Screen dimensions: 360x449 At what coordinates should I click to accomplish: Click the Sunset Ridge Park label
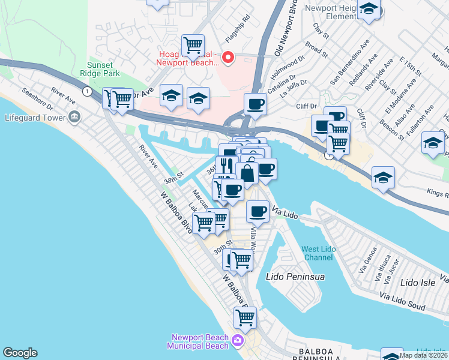(104, 69)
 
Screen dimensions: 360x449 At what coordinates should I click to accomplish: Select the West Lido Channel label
(318, 253)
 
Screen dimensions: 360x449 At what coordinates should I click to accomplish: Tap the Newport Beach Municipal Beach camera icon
(238, 341)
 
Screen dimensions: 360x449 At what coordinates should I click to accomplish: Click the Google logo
(20, 353)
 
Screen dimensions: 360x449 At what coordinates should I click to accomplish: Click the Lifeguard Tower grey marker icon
(74, 116)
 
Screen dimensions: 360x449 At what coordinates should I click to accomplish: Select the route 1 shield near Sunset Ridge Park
(88, 91)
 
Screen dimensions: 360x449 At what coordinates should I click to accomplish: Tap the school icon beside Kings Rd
(383, 178)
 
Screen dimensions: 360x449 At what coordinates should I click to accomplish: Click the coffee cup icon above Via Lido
(258, 211)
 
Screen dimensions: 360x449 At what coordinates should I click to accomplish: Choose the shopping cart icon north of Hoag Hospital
(193, 44)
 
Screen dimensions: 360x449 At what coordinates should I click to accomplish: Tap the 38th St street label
(173, 180)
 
